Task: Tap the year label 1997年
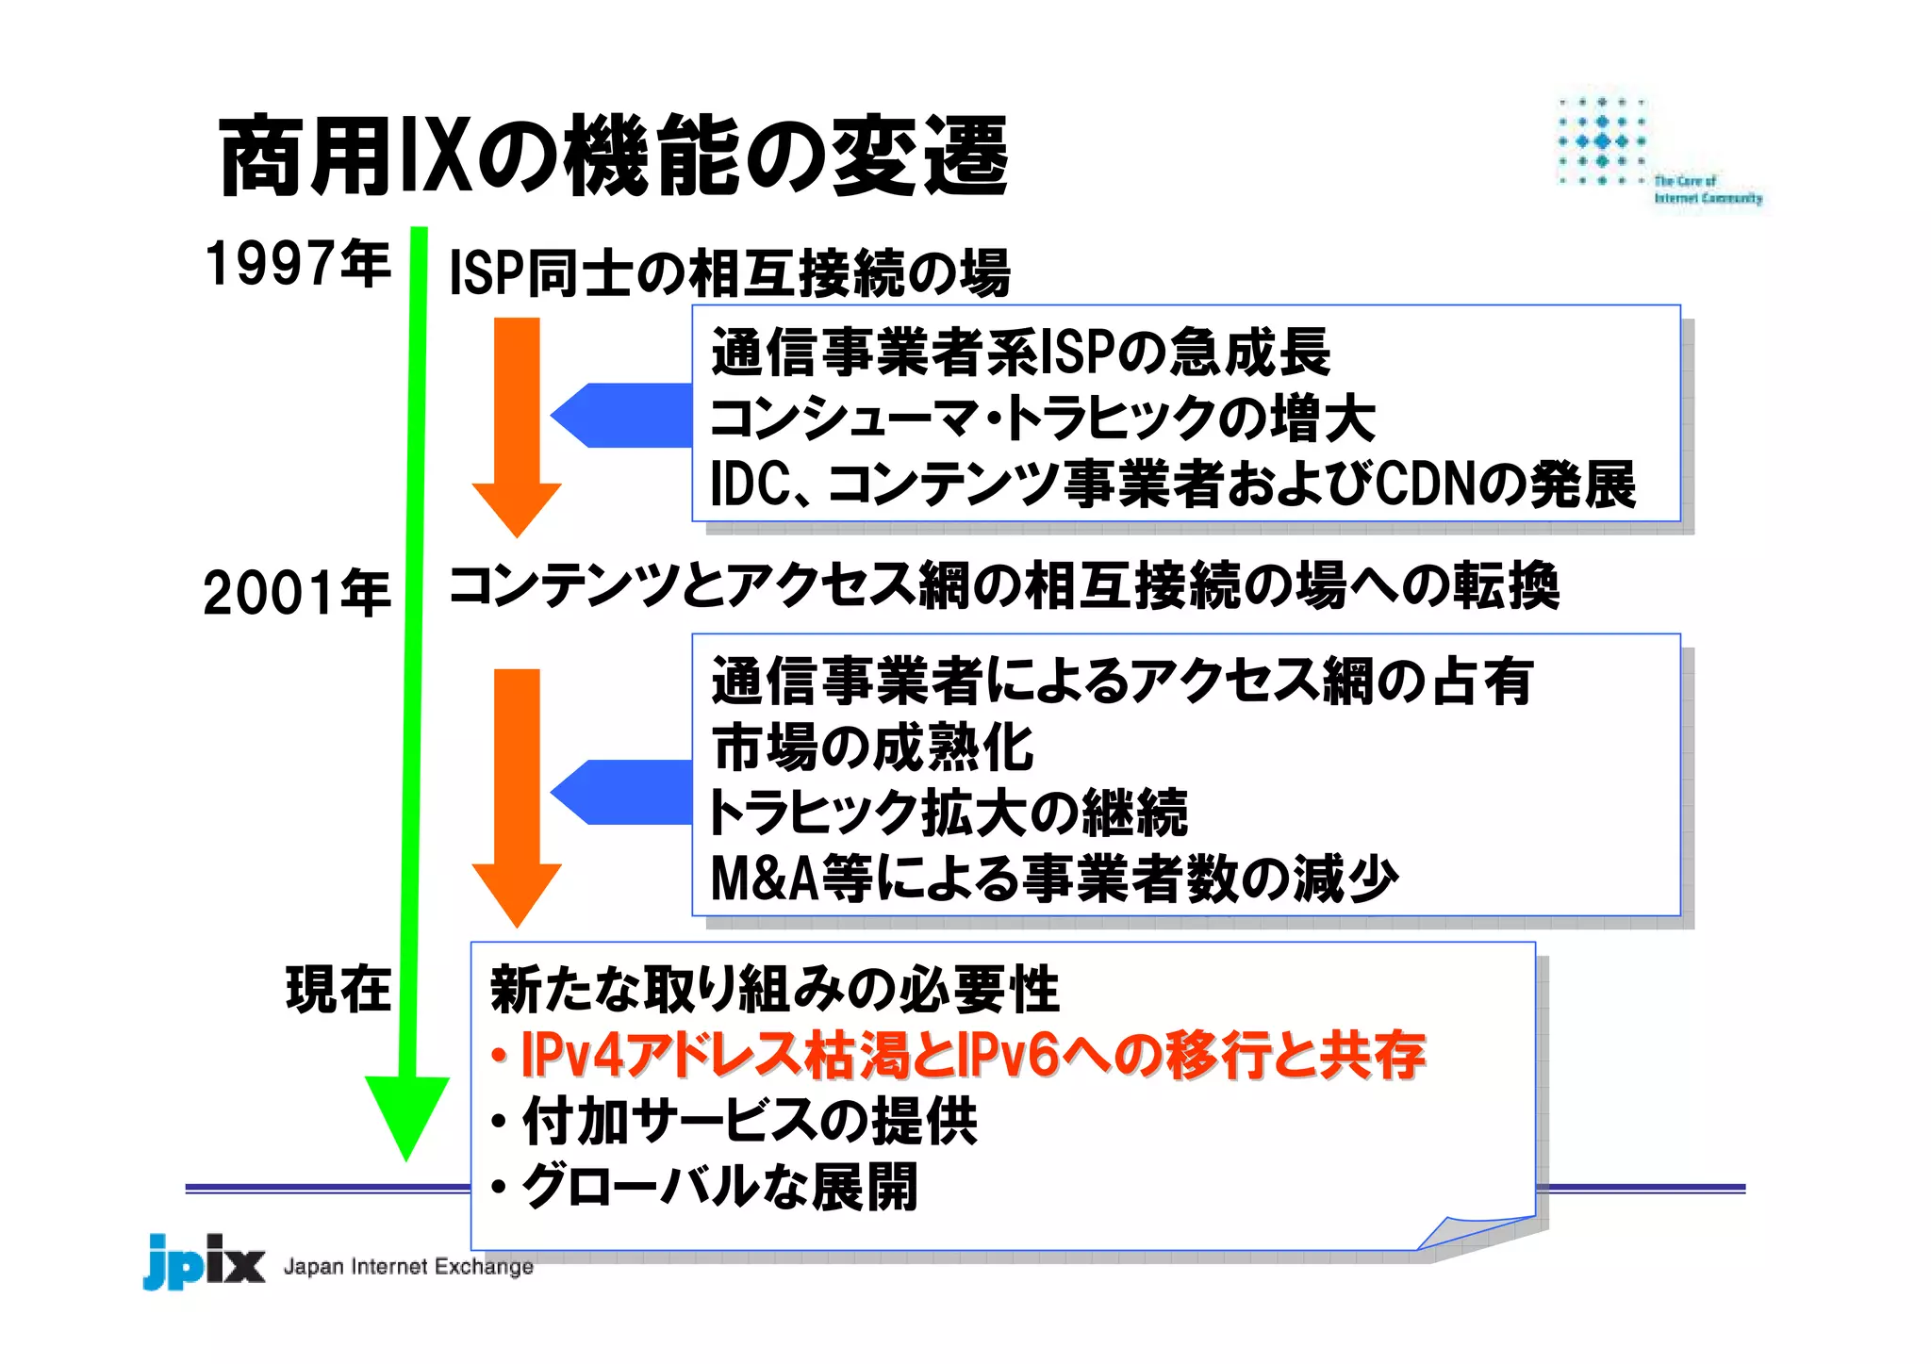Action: pos(297,263)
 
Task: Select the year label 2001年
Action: pos(297,593)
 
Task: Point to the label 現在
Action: pos(338,990)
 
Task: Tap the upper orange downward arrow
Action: pos(517,424)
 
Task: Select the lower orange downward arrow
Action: pos(517,792)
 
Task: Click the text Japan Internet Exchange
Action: pos(408,1266)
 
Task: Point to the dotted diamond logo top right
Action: pos(1602,141)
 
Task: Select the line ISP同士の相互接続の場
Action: pos(729,273)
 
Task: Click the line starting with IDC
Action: pos(1172,485)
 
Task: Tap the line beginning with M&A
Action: pos(1053,879)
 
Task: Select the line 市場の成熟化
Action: pos(873,748)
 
